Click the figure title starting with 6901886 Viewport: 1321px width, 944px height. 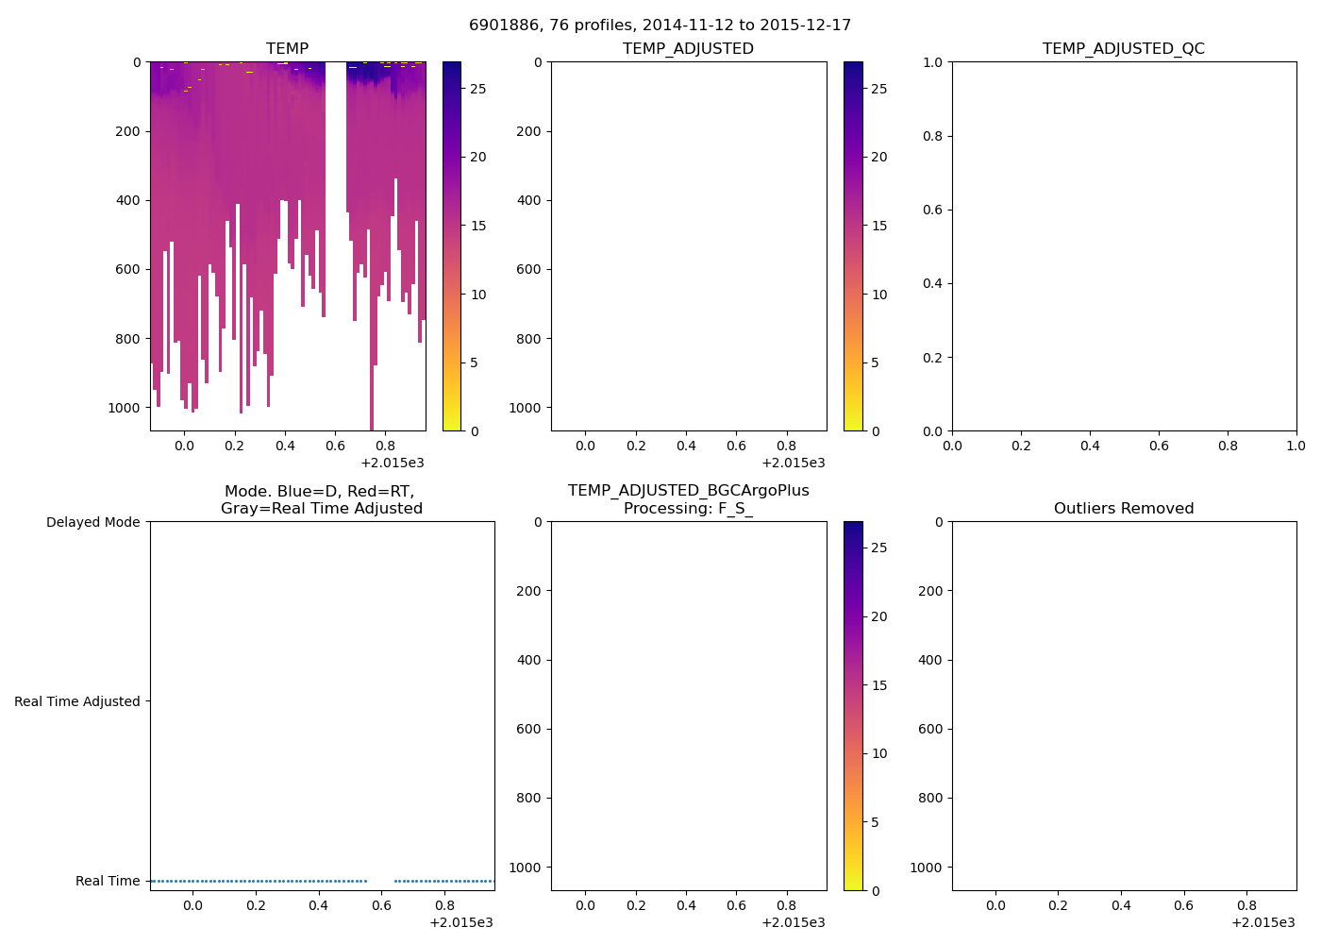pyautogui.click(x=660, y=25)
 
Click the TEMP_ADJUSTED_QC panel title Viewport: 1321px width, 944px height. pyautogui.click(x=1123, y=48)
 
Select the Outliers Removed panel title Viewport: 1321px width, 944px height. pyautogui.click(x=1123, y=508)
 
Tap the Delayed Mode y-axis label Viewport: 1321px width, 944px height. pyautogui.click(x=92, y=522)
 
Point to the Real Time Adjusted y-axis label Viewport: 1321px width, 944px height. pyautogui.click(x=76, y=701)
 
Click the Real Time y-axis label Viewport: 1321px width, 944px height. pyautogui.click(x=108, y=881)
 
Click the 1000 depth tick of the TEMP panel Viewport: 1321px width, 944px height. pyautogui.click(x=124, y=408)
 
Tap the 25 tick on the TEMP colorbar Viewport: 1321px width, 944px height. pyautogui.click(x=478, y=89)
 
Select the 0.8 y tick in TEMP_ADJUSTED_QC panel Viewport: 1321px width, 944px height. pyautogui.click(x=932, y=136)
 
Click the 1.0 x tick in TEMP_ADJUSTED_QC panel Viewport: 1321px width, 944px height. pyautogui.click(x=1296, y=446)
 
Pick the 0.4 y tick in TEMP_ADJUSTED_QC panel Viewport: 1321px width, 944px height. pyautogui.click(x=932, y=283)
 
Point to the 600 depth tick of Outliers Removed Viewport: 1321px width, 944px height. pyautogui.click(x=930, y=729)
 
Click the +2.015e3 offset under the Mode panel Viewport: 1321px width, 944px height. pyautogui.click(x=460, y=922)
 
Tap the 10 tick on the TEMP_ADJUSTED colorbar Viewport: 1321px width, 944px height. pyautogui.click(x=879, y=295)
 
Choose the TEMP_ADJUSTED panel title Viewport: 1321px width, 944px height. pyautogui.click(x=688, y=48)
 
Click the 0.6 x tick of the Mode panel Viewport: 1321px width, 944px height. pyautogui.click(x=381, y=905)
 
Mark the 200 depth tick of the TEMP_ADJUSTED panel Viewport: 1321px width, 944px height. pyautogui.click(x=529, y=131)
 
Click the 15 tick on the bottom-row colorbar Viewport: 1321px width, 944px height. pyautogui.click(x=879, y=685)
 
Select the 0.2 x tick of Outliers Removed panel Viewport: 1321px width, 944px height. pyautogui.click(x=1058, y=905)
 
